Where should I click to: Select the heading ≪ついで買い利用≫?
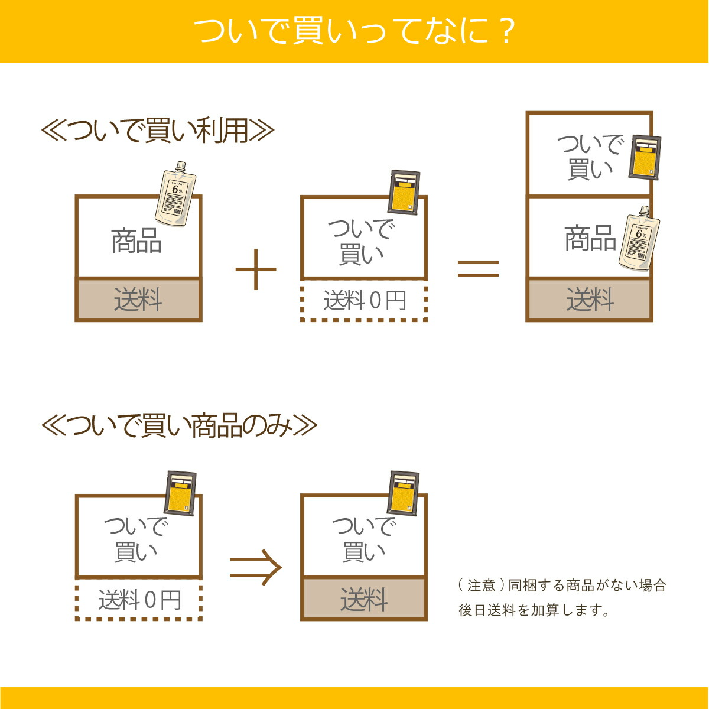tap(158, 131)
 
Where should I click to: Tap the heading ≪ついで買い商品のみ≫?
tap(179, 425)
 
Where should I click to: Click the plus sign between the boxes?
tap(256, 270)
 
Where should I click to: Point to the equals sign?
tap(478, 269)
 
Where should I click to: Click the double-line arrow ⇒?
tap(255, 567)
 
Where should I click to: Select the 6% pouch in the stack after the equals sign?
tap(638, 240)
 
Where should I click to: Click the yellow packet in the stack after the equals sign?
tap(644, 157)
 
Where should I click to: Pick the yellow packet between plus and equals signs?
tap(404, 193)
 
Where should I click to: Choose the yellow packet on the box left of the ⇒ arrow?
tap(180, 493)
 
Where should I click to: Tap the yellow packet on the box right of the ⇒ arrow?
tap(404, 493)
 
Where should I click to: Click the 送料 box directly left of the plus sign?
tap(138, 300)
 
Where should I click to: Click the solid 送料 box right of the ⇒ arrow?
tap(364, 599)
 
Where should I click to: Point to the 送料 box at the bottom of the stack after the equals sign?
tap(590, 300)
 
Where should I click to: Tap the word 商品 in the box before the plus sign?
tap(136, 241)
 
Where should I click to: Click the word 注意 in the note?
tap(482, 586)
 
